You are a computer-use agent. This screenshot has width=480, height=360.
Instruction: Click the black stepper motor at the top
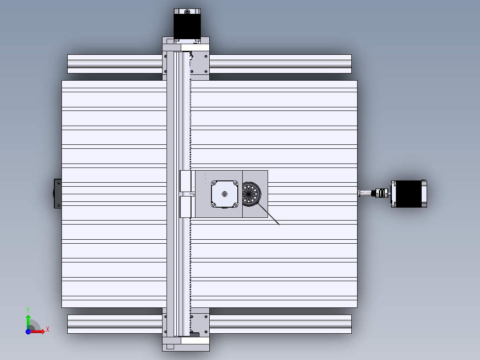point(187,25)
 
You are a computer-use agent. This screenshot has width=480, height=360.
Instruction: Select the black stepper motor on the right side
point(409,194)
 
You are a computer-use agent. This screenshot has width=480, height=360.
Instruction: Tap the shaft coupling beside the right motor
point(381,193)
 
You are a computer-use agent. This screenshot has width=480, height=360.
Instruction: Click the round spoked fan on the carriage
point(251,194)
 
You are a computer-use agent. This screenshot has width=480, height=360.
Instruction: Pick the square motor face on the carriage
point(225,194)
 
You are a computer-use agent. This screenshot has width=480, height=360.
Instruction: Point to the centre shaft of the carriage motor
point(225,194)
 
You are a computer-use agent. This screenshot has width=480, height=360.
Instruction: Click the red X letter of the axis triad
point(48,330)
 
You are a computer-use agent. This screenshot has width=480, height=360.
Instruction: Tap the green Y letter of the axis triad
point(28,310)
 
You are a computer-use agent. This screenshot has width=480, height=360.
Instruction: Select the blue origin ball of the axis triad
point(28,331)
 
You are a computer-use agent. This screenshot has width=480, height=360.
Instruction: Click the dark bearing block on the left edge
point(57,194)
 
